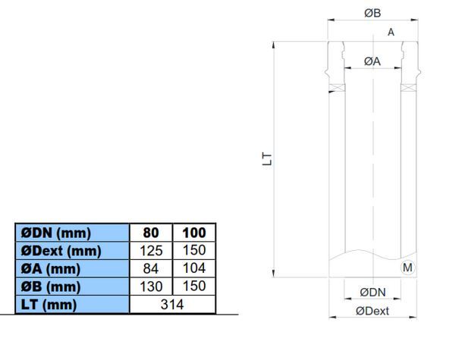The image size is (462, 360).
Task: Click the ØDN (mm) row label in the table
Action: coord(56,233)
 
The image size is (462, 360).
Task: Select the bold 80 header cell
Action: coord(151,233)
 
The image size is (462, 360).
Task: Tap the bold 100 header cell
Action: coord(194,233)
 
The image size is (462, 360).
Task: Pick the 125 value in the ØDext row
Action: coord(151,251)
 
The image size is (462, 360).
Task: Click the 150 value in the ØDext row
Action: coord(194,250)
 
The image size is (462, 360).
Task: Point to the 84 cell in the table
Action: coord(151,268)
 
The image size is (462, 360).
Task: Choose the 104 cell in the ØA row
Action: coord(194,268)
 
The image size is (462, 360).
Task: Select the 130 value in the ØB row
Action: coord(151,286)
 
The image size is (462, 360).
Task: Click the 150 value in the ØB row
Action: coord(194,286)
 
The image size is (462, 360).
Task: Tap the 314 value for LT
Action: coord(172,305)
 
